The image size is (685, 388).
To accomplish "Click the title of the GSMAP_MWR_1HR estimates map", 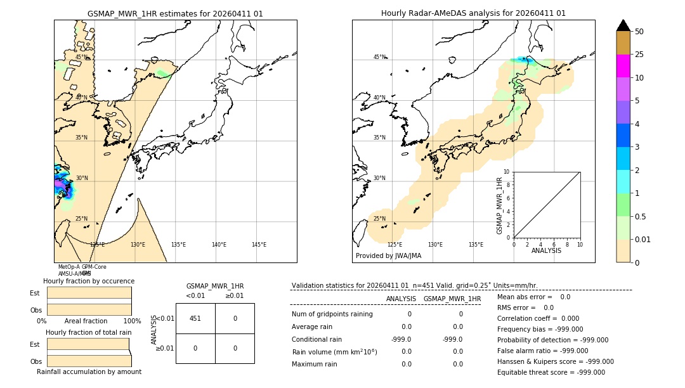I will pyautogui.click(x=175, y=13).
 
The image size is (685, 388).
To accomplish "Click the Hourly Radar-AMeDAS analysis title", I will pyautogui.click(x=473, y=13).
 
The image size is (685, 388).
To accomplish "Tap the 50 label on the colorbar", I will pyautogui.click(x=639, y=32).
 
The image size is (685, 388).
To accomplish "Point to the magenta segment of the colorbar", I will pyautogui.click(x=623, y=66).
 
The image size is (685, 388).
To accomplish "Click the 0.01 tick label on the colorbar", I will pyautogui.click(x=643, y=239).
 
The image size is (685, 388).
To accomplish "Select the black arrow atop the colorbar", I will pyautogui.click(x=623, y=25).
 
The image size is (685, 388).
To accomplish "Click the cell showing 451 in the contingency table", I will pyautogui.click(x=195, y=318).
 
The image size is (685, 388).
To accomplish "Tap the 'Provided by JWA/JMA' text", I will pyautogui.click(x=388, y=255).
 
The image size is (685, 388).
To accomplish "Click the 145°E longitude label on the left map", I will pyautogui.click(x=259, y=245).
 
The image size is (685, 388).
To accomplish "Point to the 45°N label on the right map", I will pyautogui.click(x=379, y=57).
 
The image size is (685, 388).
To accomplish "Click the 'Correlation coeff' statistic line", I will pyautogui.click(x=533, y=318).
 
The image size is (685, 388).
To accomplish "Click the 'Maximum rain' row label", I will pyautogui.click(x=315, y=364).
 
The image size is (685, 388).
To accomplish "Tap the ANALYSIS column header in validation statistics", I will pyautogui.click(x=401, y=299).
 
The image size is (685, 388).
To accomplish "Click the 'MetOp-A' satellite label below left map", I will pyautogui.click(x=69, y=267).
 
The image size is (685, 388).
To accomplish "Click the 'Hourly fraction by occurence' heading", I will pyautogui.click(x=89, y=281).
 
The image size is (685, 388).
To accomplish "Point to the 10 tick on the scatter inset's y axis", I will pyautogui.click(x=507, y=172).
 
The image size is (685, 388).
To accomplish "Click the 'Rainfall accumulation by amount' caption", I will pyautogui.click(x=89, y=372).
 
